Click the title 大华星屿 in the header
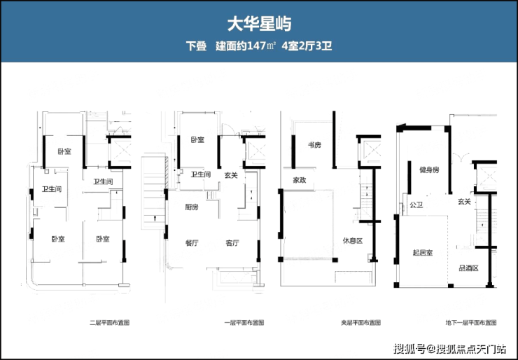pos(259,24)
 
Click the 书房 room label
pos(314,145)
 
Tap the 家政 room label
pos(299,179)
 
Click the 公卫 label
pos(416,205)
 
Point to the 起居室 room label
pos(423,252)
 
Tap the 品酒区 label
pos(468,268)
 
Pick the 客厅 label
pos(232,243)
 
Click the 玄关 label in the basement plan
pos(464,202)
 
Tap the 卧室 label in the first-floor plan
pos(197,139)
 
